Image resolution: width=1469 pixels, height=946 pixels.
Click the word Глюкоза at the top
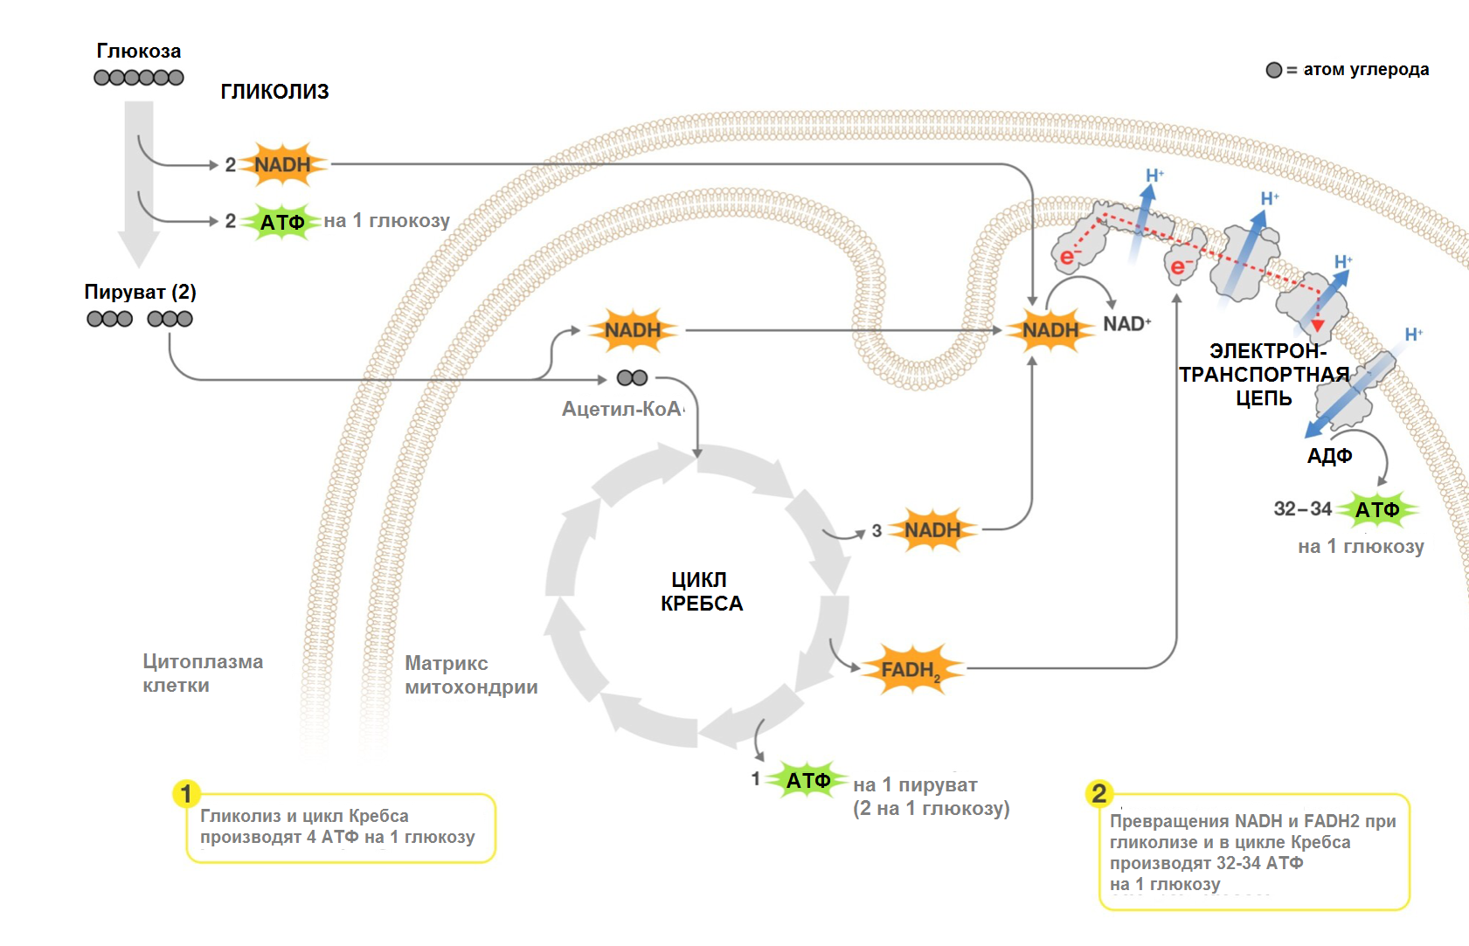[138, 52]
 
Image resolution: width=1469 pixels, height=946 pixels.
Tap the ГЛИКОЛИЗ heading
[274, 92]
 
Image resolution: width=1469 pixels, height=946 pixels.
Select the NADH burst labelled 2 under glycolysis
[282, 164]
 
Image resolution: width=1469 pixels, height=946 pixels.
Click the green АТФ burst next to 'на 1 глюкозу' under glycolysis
[282, 222]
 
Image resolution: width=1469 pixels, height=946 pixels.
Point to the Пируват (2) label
[140, 292]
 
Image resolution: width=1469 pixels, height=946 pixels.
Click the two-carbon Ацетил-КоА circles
[632, 378]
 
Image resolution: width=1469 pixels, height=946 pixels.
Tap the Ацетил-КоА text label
[621, 409]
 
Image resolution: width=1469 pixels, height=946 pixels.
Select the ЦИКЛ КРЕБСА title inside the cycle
[701, 591]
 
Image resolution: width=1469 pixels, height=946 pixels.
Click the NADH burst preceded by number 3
[932, 530]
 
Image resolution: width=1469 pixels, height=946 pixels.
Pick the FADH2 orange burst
[911, 670]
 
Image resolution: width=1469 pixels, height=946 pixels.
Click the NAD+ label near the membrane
[1126, 324]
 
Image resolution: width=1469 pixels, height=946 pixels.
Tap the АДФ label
[1329, 456]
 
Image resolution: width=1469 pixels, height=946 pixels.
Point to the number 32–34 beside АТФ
[1302, 508]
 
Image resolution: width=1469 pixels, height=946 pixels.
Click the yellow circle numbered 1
[186, 794]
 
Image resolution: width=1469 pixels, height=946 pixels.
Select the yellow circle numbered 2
[1098, 793]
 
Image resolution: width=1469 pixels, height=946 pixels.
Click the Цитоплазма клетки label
[203, 673]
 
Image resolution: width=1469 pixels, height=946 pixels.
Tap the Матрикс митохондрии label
[471, 675]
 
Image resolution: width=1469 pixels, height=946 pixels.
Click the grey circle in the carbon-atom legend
[1274, 70]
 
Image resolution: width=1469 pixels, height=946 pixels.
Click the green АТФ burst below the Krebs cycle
[807, 780]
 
